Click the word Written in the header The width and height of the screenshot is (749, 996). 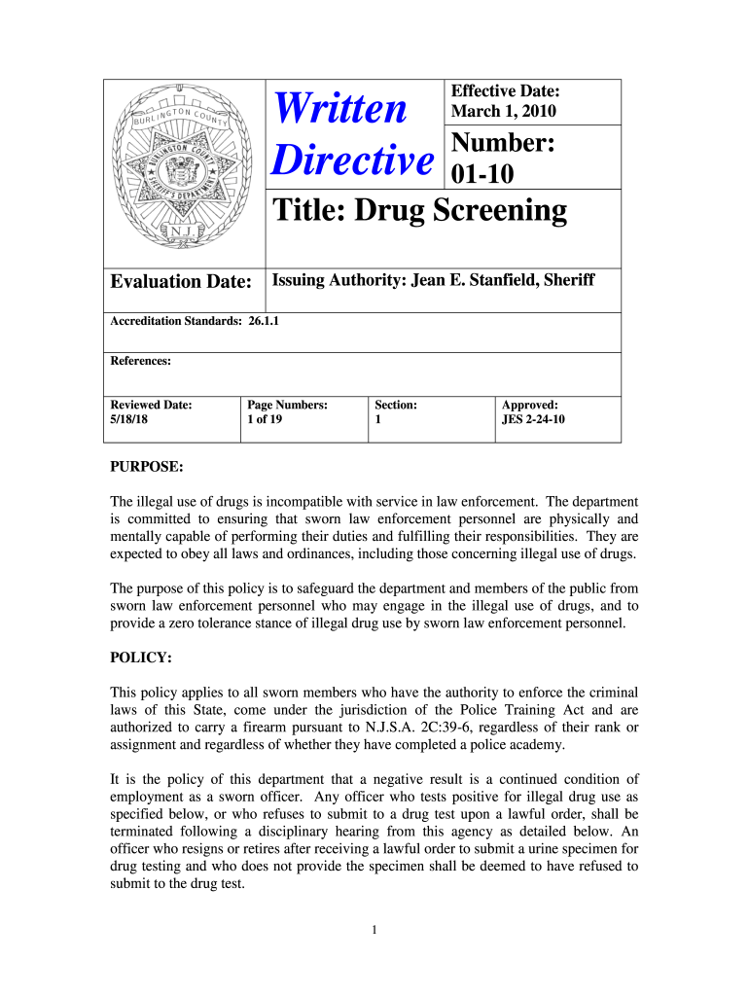[x=340, y=108]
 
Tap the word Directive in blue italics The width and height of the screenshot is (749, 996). [x=349, y=160]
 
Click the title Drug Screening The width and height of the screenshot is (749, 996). [x=418, y=211]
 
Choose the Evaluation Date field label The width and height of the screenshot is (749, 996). [x=181, y=282]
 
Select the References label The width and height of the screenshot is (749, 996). [x=141, y=361]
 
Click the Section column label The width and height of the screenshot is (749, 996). [x=396, y=405]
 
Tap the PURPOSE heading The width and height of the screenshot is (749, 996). [x=146, y=467]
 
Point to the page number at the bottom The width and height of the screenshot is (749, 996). [x=374, y=930]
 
